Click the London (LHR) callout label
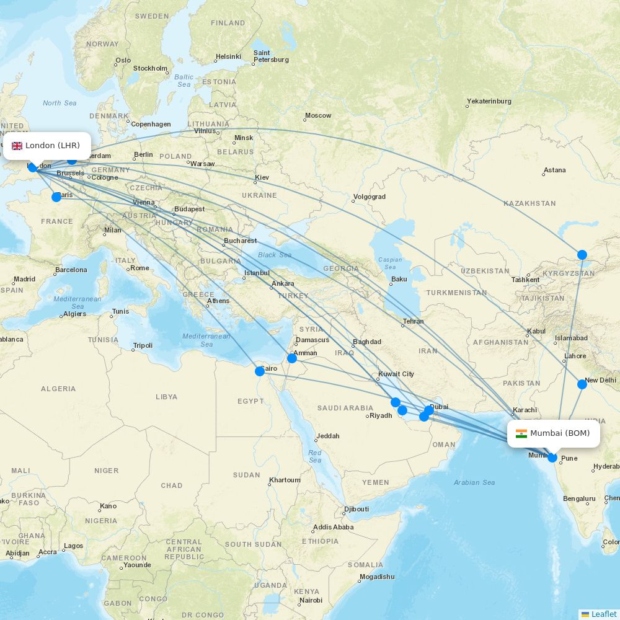(x=47, y=146)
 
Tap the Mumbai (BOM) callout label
(x=554, y=433)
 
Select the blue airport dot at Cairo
(x=260, y=371)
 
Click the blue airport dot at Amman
(x=292, y=358)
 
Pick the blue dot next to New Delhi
(x=582, y=384)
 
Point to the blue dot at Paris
(x=56, y=197)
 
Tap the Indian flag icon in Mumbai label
(x=521, y=433)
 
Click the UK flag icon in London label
(x=17, y=146)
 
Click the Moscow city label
(x=319, y=115)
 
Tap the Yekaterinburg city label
(x=490, y=101)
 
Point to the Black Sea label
(x=275, y=255)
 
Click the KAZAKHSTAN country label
(x=529, y=203)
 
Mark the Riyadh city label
(x=381, y=415)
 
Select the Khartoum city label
(x=285, y=480)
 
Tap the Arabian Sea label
(x=474, y=482)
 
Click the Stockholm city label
(x=150, y=68)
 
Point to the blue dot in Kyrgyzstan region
(x=582, y=255)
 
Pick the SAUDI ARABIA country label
(x=345, y=408)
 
